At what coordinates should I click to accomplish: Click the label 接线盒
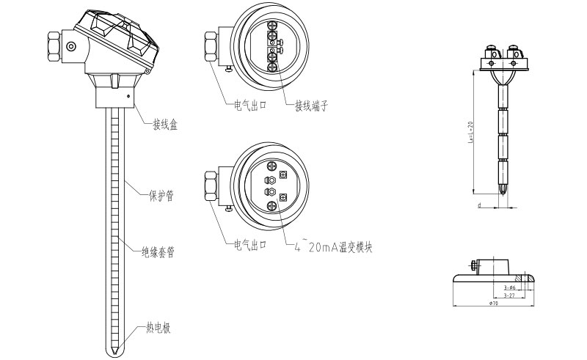pos(164,125)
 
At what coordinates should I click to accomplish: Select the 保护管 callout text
pos(161,196)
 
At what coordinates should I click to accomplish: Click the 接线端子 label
pos(310,106)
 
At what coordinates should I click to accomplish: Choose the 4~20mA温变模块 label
pos(334,248)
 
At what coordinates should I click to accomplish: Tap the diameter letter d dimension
pos(478,206)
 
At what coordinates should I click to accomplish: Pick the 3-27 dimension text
pos(509,295)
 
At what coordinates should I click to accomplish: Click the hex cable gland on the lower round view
pos(210,186)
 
